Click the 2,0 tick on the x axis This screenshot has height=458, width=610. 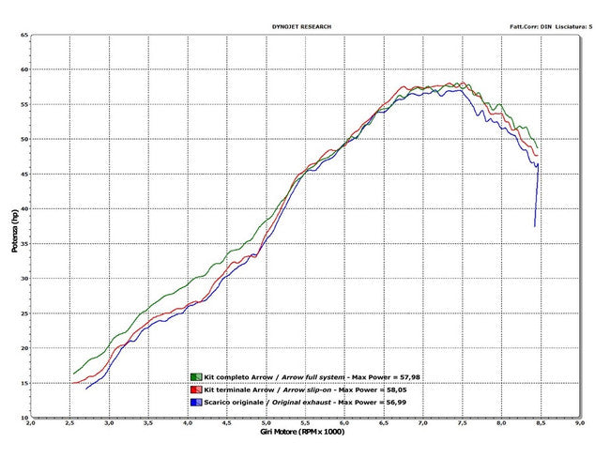[31, 424]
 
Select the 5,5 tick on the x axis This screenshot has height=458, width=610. [306, 424]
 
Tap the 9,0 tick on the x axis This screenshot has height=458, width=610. [580, 424]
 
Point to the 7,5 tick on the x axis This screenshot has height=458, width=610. [463, 424]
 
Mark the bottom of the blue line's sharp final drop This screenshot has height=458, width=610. [535, 226]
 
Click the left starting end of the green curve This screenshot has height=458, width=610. [73, 374]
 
